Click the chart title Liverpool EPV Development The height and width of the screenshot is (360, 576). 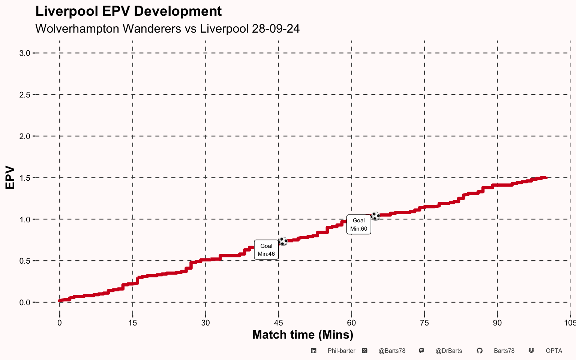coord(129,11)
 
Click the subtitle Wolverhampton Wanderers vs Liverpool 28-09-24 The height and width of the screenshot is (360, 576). coord(167,28)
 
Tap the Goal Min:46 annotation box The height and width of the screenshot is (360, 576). coord(266,249)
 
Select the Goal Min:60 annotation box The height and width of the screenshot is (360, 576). coord(359,225)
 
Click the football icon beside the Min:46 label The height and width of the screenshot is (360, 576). coord(283,241)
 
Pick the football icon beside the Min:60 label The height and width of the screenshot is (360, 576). coord(376,216)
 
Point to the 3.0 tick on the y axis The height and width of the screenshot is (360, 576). coord(25,53)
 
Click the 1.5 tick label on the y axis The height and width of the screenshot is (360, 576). coord(25,178)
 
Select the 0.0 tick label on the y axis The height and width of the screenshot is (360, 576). coord(25,302)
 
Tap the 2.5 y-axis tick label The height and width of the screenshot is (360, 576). coord(25,95)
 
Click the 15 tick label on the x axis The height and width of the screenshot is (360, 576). coord(133,323)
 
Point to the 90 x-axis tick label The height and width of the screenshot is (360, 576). coord(497,323)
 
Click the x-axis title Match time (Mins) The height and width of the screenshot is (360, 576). coord(303,335)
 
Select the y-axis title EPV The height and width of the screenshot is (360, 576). coord(10,178)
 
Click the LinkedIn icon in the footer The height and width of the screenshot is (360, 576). coord(313,351)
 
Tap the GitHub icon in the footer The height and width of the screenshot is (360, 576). coord(480,351)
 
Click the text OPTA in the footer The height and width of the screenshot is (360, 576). coord(554,351)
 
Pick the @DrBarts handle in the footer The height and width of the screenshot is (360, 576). coord(449,351)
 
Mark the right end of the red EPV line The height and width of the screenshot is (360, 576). coord(547,178)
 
